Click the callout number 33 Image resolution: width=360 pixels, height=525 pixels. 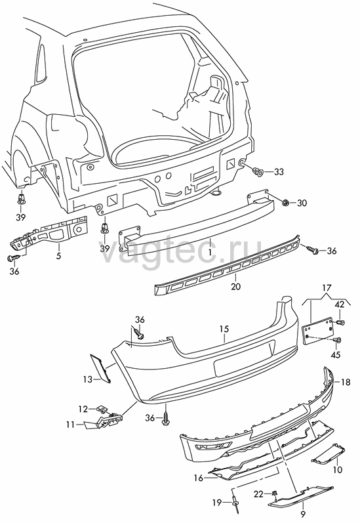(x=279, y=172)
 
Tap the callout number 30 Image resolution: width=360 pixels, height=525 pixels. (x=302, y=203)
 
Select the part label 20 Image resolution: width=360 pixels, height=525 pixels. (x=235, y=287)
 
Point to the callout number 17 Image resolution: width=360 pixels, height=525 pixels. (x=327, y=287)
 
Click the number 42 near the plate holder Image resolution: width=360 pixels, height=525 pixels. (x=339, y=305)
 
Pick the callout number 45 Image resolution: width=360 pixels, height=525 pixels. (x=335, y=354)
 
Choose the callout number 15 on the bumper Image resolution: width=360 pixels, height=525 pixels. (x=224, y=329)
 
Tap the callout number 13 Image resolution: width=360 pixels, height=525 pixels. (x=88, y=379)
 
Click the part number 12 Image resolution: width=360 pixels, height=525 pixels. (x=83, y=409)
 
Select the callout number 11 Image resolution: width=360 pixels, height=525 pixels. (x=70, y=425)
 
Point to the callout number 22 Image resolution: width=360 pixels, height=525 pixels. (x=258, y=494)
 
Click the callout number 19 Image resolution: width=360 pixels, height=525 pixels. (x=217, y=502)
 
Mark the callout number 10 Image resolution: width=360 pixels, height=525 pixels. (x=338, y=470)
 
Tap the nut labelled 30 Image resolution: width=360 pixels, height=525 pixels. (x=286, y=202)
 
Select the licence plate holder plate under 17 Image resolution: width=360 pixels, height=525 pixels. (x=318, y=331)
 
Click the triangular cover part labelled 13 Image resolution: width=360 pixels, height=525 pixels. (x=101, y=367)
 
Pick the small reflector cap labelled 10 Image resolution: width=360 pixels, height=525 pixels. (x=329, y=453)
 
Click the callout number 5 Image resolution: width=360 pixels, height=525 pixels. (x=58, y=256)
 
